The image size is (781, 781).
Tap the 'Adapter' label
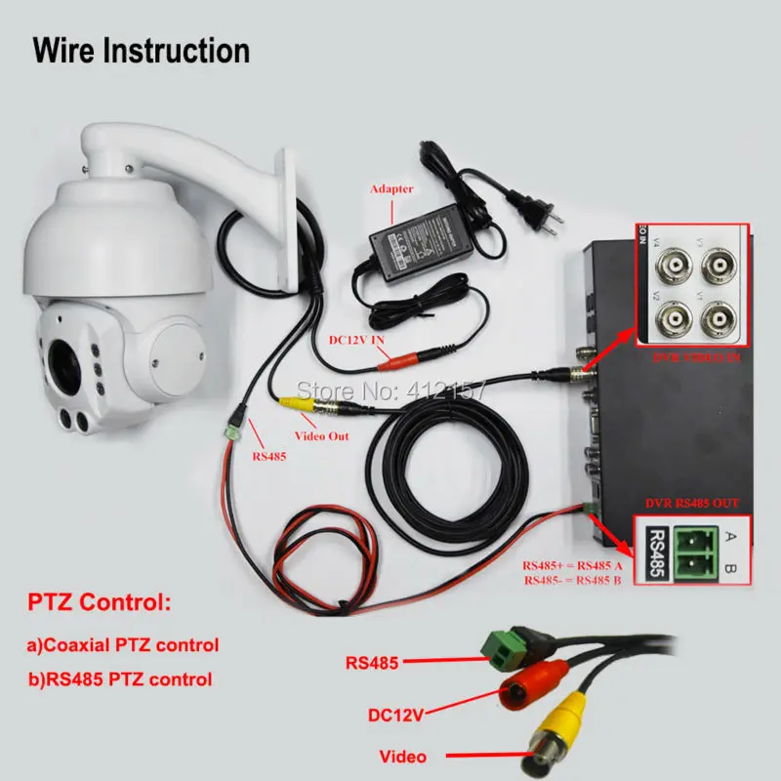click(390, 188)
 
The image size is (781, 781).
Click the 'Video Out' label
click(323, 435)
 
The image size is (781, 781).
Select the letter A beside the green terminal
click(732, 535)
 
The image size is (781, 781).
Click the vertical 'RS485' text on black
click(657, 553)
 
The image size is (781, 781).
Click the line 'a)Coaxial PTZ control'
click(122, 644)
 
